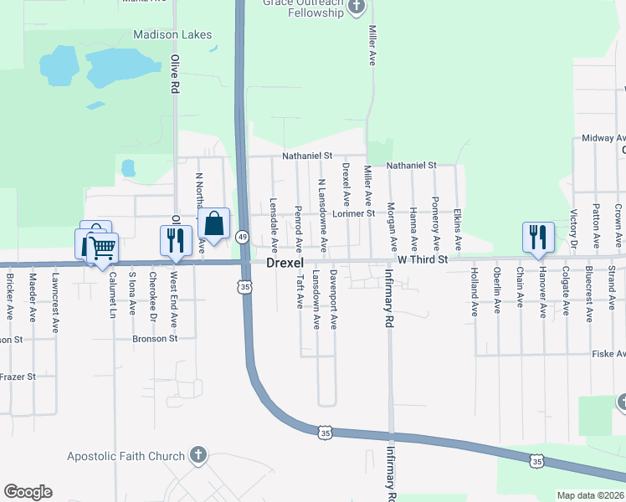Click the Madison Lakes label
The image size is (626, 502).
pyautogui.click(x=172, y=35)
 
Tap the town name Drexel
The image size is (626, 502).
pyautogui.click(x=285, y=263)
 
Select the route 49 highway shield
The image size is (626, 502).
pyautogui.click(x=241, y=237)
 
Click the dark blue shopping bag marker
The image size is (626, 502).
pyautogui.click(x=214, y=224)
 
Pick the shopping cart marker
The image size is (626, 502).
pyautogui.click(x=102, y=247)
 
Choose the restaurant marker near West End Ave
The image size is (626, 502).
pyautogui.click(x=176, y=240)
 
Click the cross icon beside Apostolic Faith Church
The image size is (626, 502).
pyautogui.click(x=198, y=456)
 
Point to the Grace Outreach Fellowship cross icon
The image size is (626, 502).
pyautogui.click(x=357, y=8)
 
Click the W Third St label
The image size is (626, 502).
pyautogui.click(x=423, y=260)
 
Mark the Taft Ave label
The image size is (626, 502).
pyautogui.click(x=299, y=293)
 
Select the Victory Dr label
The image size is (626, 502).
pyautogui.click(x=574, y=228)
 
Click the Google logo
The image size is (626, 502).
pyautogui.click(x=28, y=492)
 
